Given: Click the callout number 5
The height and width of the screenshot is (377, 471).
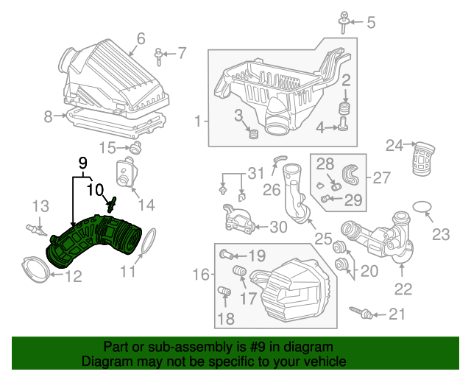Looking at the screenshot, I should [370, 22].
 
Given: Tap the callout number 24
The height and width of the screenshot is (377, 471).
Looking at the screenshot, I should [395, 146].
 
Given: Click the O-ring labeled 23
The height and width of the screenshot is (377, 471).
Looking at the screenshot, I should [422, 208].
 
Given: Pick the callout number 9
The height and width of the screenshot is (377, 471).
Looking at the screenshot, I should [82, 161].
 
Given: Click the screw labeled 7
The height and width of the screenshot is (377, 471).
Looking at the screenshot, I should [159, 54].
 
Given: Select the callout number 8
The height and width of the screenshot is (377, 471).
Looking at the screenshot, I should [48, 116].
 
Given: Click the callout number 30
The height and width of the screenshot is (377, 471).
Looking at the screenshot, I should [279, 227].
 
